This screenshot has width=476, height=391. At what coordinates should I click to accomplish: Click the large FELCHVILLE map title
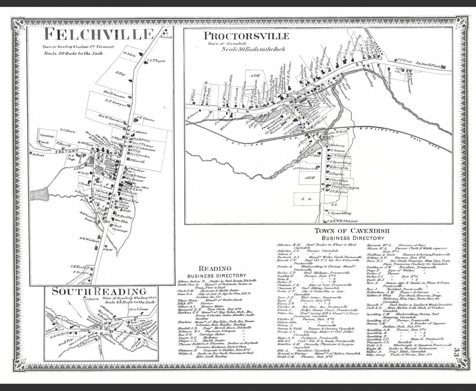99,34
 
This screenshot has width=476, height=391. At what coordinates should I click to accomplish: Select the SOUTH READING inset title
99,291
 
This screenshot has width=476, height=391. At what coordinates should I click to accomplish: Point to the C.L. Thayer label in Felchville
156,61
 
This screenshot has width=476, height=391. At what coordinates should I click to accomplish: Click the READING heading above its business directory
215,268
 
